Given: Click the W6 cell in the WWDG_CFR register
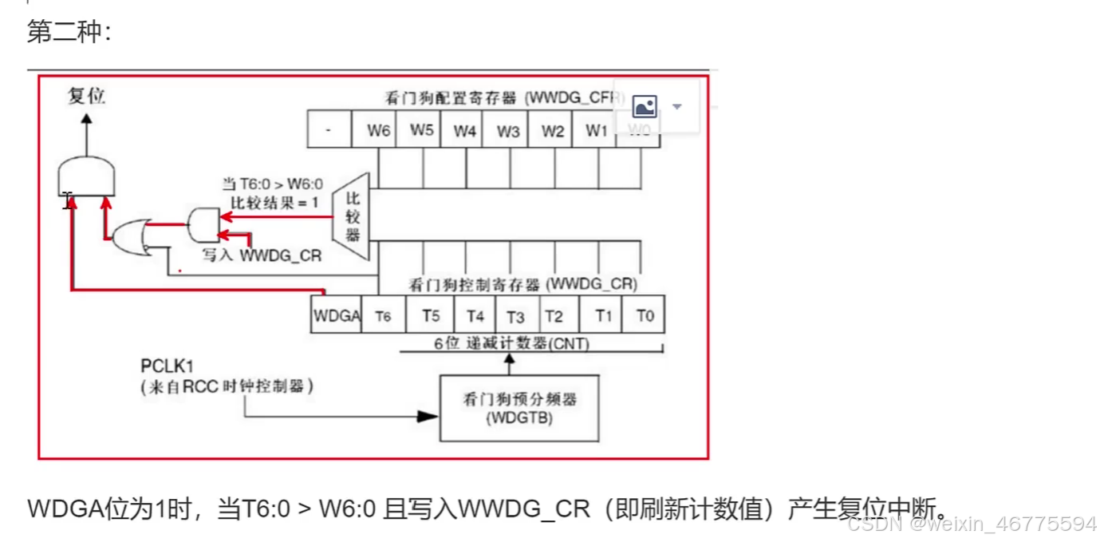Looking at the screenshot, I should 379,130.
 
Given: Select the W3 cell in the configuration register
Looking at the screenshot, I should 508,130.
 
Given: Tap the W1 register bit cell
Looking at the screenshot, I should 596,130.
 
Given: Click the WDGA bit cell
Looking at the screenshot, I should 337,315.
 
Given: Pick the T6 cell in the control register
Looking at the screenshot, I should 384,315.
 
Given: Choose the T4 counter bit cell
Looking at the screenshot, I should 475,315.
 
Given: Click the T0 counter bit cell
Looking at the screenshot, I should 645,315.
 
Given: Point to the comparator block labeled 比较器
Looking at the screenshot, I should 353,216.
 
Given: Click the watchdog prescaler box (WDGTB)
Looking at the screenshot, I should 519,408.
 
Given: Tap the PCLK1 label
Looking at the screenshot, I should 168,367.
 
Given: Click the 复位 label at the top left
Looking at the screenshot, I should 86,97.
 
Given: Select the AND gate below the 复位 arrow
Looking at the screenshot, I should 87,176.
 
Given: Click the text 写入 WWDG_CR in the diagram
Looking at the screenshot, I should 262,256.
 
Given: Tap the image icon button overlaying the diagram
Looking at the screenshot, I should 645,106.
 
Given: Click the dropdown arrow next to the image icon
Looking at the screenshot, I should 677,106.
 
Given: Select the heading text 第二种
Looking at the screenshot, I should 69,32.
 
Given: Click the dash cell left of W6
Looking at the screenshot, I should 329,130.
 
